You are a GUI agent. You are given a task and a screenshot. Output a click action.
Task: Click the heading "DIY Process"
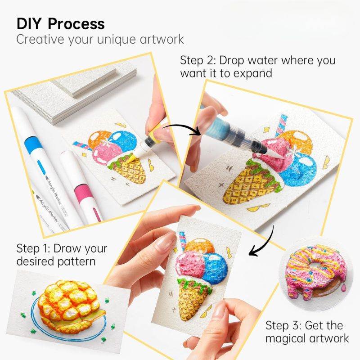pos(60,23)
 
